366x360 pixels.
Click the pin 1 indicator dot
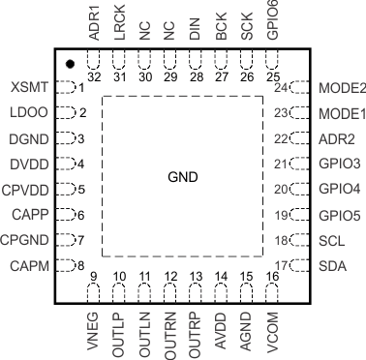click(x=71, y=64)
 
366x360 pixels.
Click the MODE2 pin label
click(x=341, y=87)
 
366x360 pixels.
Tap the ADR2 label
click(x=335, y=137)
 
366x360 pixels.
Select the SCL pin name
click(x=331, y=238)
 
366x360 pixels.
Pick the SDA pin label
click(x=331, y=263)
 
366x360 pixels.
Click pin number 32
click(x=94, y=75)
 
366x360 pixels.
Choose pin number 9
click(x=94, y=277)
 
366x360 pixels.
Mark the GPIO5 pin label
click(x=339, y=213)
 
